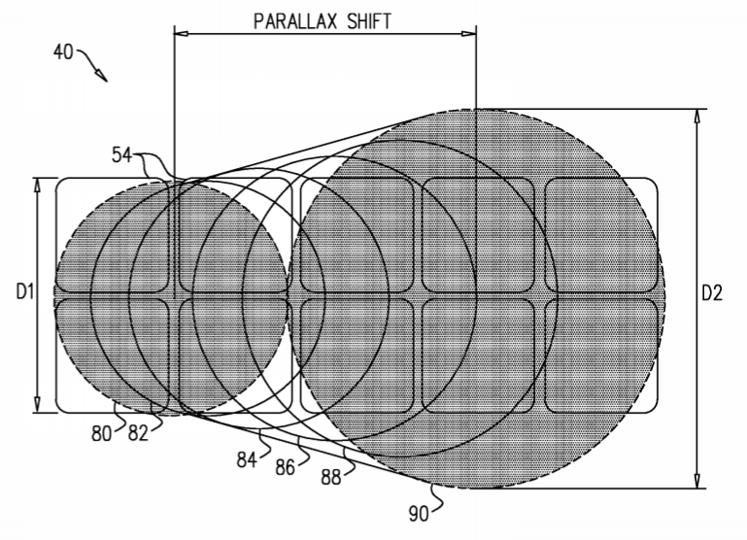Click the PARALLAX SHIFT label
[323, 21]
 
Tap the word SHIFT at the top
[369, 21]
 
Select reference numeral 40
[63, 51]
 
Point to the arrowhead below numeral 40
[101, 75]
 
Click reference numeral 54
[121, 154]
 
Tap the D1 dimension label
[25, 291]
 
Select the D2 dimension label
[712, 293]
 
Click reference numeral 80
[101, 434]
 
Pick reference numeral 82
[138, 433]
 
